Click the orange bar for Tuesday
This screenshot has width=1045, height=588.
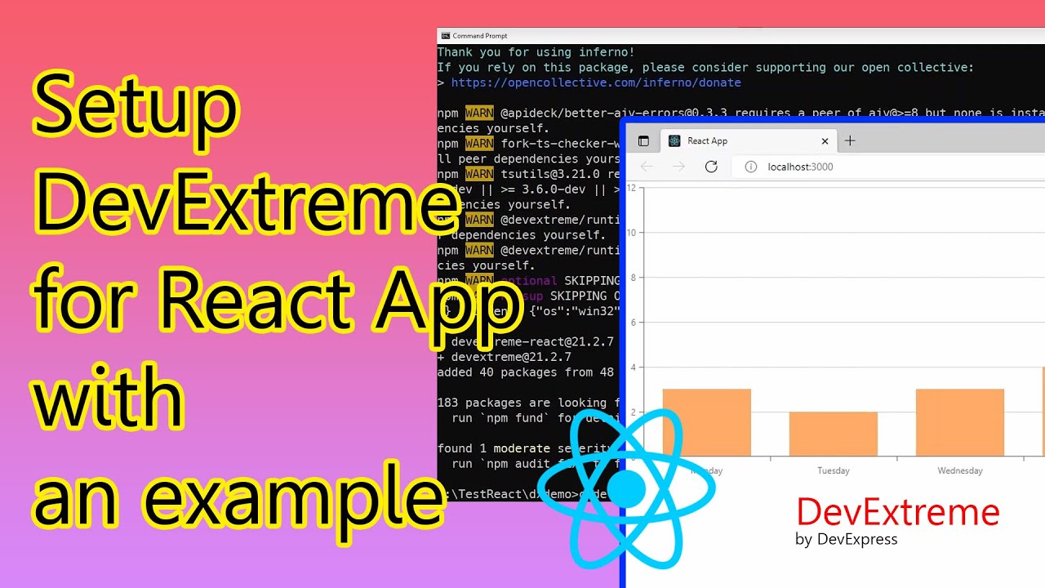833,434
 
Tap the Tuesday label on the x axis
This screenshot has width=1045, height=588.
833,470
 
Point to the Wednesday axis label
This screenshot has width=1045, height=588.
959,470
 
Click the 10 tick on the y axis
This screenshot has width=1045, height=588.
631,233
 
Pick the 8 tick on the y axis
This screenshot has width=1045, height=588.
633,278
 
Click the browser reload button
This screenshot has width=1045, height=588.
711,167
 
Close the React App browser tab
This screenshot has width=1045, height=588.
825,141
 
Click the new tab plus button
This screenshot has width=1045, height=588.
850,141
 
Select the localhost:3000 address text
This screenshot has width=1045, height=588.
800,167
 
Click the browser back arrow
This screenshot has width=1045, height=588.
647,167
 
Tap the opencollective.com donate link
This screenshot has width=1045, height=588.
596,82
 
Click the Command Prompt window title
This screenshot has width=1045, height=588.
480,36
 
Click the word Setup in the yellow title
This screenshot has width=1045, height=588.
135,110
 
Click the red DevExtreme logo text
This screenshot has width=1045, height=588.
897,512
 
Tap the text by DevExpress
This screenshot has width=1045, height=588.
846,539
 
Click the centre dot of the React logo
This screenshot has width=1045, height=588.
626,488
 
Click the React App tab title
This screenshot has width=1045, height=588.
707,141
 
